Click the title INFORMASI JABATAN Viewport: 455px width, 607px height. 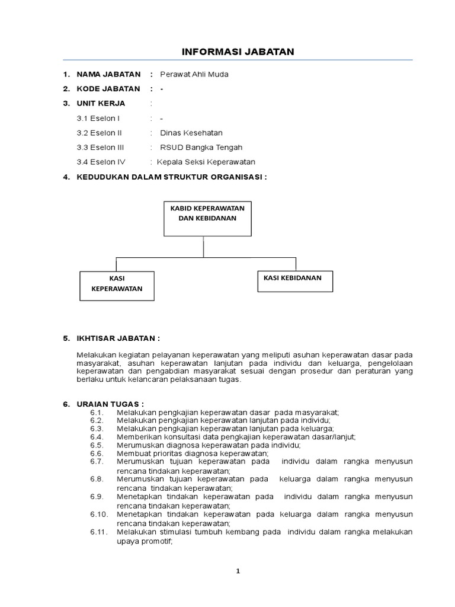pyautogui.click(x=237, y=52)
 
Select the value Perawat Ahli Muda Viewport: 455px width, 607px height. pyautogui.click(x=194, y=74)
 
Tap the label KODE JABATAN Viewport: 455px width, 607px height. pyautogui.click(x=108, y=89)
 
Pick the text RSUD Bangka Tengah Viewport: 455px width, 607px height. pyautogui.click(x=197, y=148)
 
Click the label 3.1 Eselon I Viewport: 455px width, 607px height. pyautogui.click(x=98, y=119)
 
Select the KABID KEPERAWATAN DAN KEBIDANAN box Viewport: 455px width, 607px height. pyautogui.click(x=207, y=219)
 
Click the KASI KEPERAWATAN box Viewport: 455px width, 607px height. pyautogui.click(x=117, y=286)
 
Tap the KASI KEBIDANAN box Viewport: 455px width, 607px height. pyautogui.click(x=294, y=281)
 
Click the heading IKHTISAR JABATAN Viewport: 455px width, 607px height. pyautogui.click(x=118, y=338)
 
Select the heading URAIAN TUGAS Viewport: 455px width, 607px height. pyautogui.click(x=110, y=404)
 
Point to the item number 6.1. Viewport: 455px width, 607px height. pyautogui.click(x=97, y=412)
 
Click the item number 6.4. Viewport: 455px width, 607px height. pyautogui.click(x=97, y=437)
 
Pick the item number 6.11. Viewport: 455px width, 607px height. pyautogui.click(x=99, y=532)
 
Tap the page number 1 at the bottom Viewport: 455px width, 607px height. pyautogui.click(x=238, y=571)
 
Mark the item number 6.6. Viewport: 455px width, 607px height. pyautogui.click(x=97, y=453)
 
